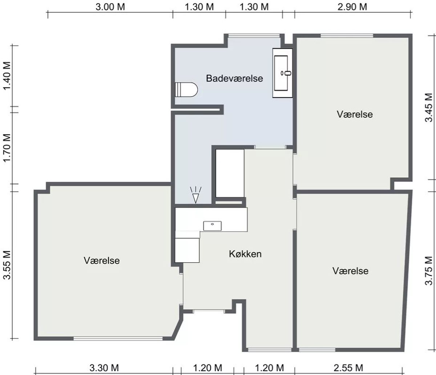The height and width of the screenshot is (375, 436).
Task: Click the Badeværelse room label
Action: tap(234, 78)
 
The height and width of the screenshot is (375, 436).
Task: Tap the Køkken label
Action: tap(245, 254)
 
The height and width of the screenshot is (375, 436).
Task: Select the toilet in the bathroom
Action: tap(186, 90)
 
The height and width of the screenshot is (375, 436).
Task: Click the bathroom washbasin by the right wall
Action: tap(282, 73)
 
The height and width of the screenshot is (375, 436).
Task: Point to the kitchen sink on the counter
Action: tap(212, 226)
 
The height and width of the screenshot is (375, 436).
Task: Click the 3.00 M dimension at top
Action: tap(110, 7)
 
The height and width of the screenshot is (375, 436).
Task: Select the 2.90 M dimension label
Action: tap(352, 7)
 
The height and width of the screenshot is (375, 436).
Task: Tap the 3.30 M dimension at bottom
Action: tap(104, 368)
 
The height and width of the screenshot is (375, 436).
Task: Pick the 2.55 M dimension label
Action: tap(348, 368)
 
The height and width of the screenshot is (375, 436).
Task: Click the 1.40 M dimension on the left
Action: tap(7, 75)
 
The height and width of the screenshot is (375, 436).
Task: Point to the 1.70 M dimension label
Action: tap(7, 148)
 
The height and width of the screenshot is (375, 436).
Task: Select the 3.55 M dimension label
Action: tap(7, 265)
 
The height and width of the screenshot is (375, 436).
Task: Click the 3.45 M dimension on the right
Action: tap(429, 107)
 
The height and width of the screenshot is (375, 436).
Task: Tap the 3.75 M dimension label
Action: tap(429, 271)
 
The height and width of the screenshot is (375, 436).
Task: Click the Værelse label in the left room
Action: tap(102, 260)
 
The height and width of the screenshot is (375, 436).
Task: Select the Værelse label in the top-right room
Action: tap(355, 114)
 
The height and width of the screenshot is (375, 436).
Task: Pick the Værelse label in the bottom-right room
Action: tap(351, 271)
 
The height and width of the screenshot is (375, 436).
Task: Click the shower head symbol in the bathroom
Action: tap(196, 195)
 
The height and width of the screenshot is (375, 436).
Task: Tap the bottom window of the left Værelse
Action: tap(118, 339)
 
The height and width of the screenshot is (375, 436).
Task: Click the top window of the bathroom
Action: tap(254, 36)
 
